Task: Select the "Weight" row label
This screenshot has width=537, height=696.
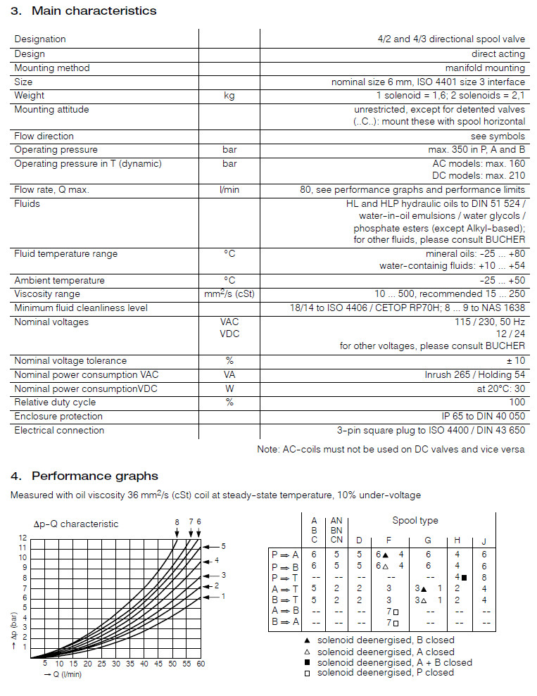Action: coord(29,96)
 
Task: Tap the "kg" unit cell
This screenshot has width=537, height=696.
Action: coord(229,96)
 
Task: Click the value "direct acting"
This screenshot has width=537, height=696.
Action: coord(498,53)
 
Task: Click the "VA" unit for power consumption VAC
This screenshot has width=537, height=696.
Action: coord(229,375)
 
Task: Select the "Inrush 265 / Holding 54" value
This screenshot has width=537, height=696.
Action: coord(474,375)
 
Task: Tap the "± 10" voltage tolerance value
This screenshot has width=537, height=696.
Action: coord(514,361)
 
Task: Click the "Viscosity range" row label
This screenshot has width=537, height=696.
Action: coord(47,294)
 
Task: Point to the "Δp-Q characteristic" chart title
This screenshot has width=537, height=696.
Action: coord(76,524)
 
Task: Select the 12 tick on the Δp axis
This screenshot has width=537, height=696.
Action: coord(22,538)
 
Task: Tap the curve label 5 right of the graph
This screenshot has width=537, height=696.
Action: coord(223,546)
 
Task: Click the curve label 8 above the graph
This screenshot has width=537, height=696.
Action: coord(177,521)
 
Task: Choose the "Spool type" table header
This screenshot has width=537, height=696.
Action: coord(415,521)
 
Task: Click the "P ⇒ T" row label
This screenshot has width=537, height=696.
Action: coord(285,577)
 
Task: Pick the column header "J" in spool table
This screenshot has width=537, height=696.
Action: coord(484,540)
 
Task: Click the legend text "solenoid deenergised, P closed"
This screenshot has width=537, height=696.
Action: coord(386,673)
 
